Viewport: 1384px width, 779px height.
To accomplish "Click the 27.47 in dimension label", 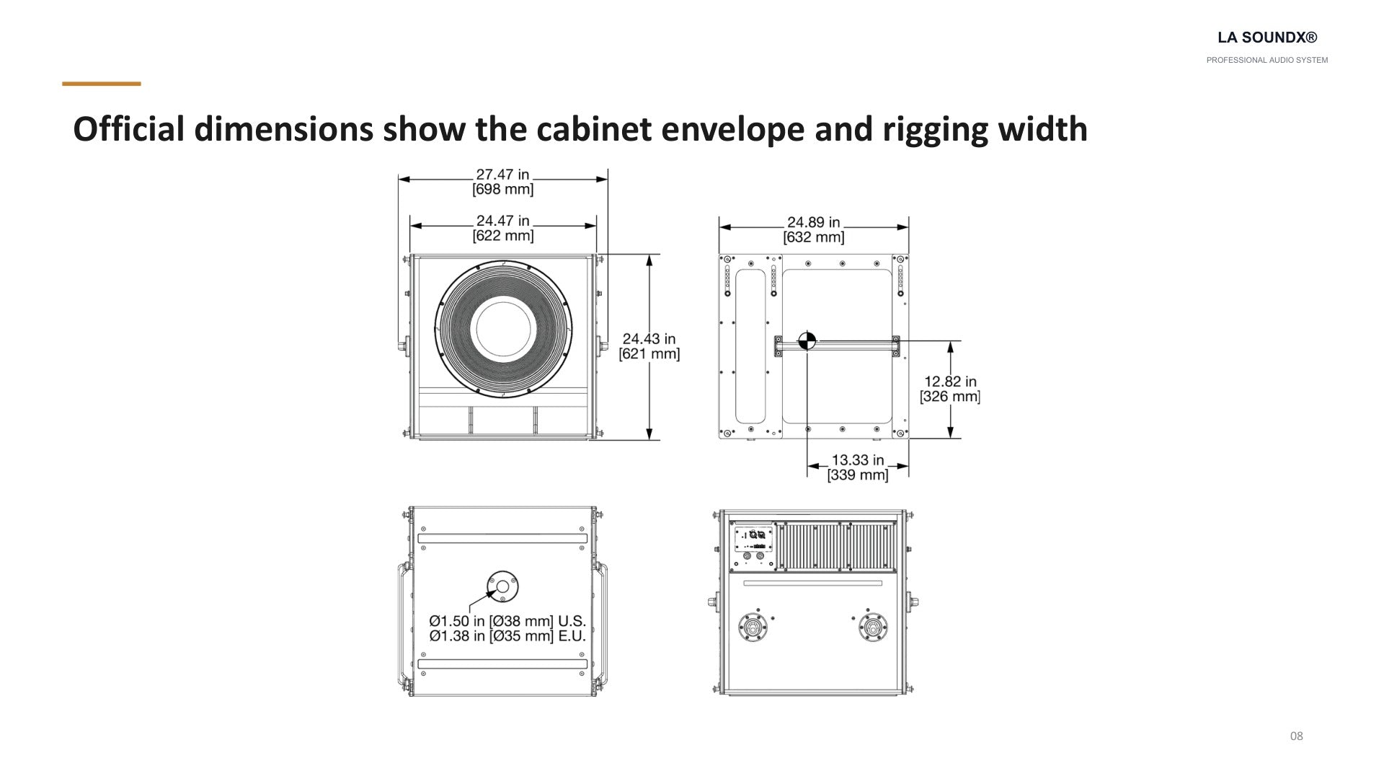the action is (x=502, y=182).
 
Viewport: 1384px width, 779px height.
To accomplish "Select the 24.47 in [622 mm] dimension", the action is (x=503, y=228).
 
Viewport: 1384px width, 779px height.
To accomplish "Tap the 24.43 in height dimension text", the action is (x=649, y=346).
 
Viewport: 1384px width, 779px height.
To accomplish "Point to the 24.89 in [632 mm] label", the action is (x=814, y=229).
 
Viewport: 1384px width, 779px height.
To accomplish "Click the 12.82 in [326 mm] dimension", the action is (x=950, y=389).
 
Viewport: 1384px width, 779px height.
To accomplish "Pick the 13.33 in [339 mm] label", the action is (x=858, y=467).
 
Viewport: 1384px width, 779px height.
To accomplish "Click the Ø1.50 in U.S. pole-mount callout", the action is (x=507, y=621).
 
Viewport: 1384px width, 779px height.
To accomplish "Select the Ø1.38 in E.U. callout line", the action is (x=507, y=636).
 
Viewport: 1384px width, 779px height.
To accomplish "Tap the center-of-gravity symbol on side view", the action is (x=807, y=340).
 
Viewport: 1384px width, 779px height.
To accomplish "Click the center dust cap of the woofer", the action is (x=503, y=329).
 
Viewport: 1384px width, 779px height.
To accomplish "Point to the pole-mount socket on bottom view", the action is (x=502, y=586).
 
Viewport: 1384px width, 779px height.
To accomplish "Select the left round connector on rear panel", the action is (x=753, y=627).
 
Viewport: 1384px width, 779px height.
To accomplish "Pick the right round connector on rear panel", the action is (x=873, y=627).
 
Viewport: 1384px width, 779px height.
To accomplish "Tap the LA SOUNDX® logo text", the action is (x=1267, y=38).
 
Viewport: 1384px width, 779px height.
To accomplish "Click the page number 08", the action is (x=1296, y=736).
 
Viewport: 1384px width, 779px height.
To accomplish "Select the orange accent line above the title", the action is (x=102, y=84).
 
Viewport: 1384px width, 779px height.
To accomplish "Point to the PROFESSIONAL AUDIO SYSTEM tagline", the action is (x=1267, y=61).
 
